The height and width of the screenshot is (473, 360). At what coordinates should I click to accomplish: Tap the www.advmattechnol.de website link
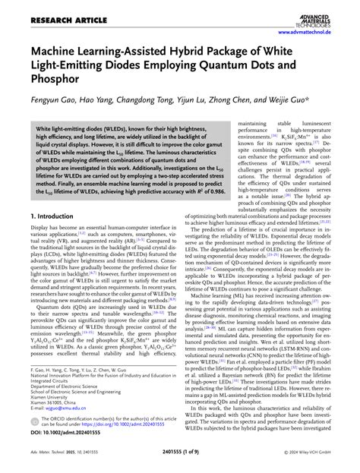pos(314,33)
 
